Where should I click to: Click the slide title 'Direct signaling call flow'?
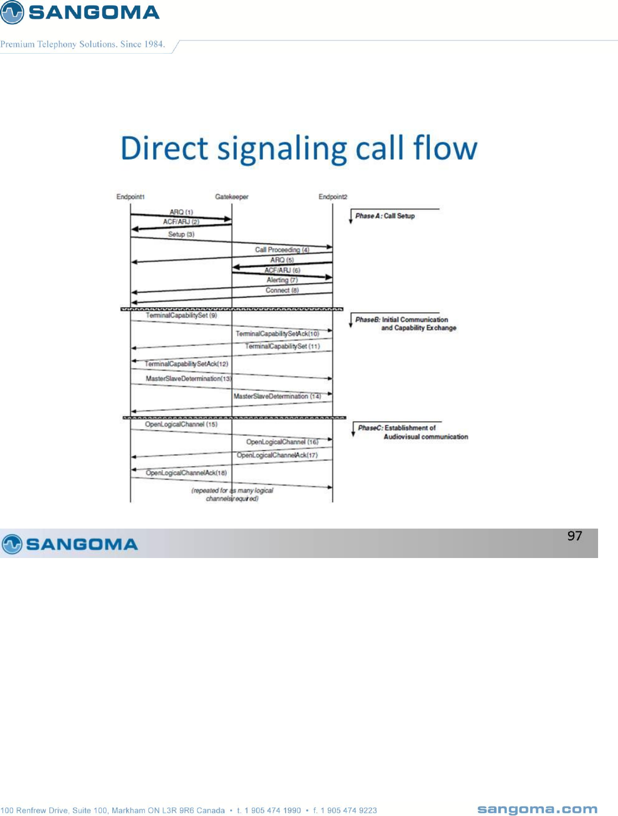click(299, 148)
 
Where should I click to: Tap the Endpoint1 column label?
click(131, 197)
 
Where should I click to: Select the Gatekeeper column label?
click(232, 197)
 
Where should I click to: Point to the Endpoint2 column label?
click(333, 197)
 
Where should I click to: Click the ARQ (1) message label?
click(181, 212)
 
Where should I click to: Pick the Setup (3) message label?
click(181, 235)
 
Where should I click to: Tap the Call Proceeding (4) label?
click(282, 250)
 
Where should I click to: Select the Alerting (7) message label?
click(282, 280)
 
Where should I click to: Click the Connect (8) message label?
click(282, 290)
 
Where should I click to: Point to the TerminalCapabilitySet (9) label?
click(181, 316)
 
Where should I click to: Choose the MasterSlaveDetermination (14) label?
click(277, 396)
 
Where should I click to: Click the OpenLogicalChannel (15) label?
click(181, 425)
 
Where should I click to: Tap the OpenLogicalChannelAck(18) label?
click(186, 473)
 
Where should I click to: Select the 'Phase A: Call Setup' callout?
click(385, 216)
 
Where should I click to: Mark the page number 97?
click(574, 536)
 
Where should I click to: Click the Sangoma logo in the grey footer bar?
click(70, 544)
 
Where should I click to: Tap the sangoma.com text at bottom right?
click(537, 809)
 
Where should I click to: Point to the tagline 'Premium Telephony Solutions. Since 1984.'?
click(83, 44)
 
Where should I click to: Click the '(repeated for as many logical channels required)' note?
click(232, 494)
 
